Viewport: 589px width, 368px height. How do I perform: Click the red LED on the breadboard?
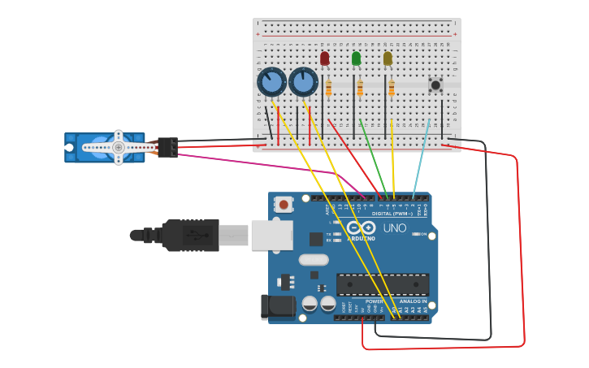(x=325, y=58)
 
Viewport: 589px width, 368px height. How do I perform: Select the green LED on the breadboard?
(x=356, y=58)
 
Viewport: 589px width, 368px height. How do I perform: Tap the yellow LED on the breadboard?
(x=388, y=58)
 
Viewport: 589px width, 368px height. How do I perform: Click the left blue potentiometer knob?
(x=271, y=82)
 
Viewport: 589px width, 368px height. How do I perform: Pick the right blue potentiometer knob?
(x=303, y=81)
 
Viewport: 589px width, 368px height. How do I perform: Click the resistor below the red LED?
(x=328, y=89)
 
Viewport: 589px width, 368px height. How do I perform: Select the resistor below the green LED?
(x=360, y=89)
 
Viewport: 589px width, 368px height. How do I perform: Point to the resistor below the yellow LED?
(x=391, y=89)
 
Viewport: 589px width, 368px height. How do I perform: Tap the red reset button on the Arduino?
(x=284, y=205)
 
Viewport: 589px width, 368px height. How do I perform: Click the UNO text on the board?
(x=395, y=228)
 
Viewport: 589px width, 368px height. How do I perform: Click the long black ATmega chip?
(x=382, y=284)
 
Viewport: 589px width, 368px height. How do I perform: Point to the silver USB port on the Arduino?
(x=271, y=235)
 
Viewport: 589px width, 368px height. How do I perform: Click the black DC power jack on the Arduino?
(x=277, y=306)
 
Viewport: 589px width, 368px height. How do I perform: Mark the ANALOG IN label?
(x=413, y=301)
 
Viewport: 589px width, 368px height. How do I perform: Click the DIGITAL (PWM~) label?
(x=393, y=214)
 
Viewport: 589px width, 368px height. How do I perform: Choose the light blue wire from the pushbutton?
(x=422, y=158)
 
